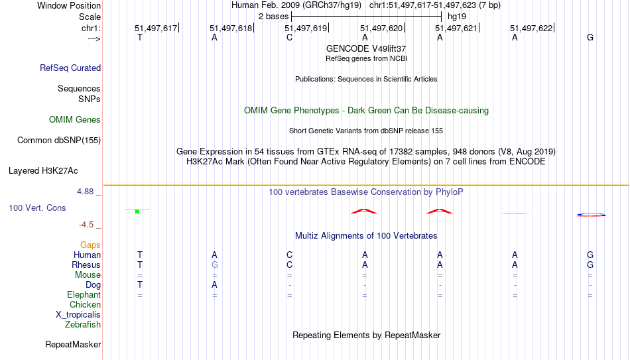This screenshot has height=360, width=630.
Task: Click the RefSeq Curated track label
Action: pyautogui.click(x=70, y=68)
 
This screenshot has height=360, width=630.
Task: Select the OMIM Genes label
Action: pyautogui.click(x=75, y=120)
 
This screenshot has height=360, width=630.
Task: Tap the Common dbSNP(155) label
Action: pyautogui.click(x=59, y=141)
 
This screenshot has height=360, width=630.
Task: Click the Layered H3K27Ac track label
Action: pyautogui.click(x=43, y=171)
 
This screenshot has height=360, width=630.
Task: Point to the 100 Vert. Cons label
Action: pyautogui.click(x=37, y=208)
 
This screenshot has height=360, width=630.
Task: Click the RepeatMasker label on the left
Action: pyautogui.click(x=73, y=344)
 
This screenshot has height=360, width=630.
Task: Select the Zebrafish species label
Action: pyautogui.click(x=83, y=324)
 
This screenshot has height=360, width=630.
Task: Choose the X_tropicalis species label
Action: pyautogui.click(x=78, y=315)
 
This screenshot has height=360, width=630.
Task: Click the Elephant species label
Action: pyautogui.click(x=84, y=294)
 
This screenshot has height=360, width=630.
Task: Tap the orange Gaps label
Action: pyautogui.click(x=90, y=245)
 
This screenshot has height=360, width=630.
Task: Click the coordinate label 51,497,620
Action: pyautogui.click(x=381, y=28)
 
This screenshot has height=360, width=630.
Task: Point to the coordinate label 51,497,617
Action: pyautogui.click(x=156, y=28)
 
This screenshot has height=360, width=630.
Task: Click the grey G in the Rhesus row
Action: pyautogui.click(x=215, y=265)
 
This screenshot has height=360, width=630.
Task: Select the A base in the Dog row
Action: pyautogui.click(x=215, y=285)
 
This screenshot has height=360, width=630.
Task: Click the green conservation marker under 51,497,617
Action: pyautogui.click(x=137, y=211)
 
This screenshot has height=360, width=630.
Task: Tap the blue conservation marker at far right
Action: pyautogui.click(x=591, y=215)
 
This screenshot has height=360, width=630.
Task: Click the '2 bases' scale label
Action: pyautogui.click(x=274, y=17)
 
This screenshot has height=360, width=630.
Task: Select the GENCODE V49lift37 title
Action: pyautogui.click(x=366, y=48)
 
